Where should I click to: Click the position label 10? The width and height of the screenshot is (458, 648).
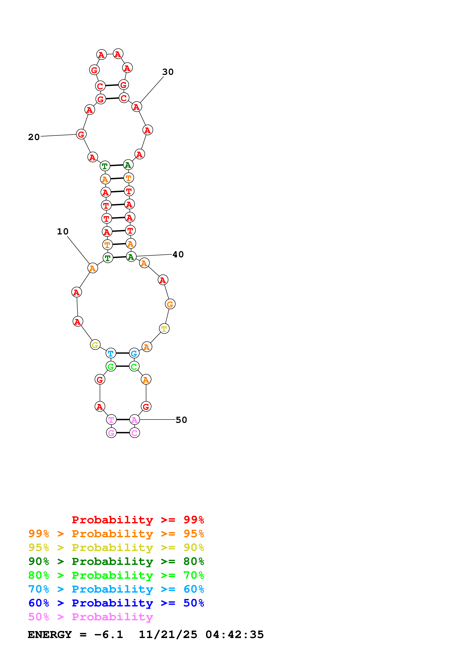coord(63,231)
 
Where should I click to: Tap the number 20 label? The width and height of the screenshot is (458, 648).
coord(34,137)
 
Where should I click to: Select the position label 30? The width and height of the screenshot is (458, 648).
coord(168,72)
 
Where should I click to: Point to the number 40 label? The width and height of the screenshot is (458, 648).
coord(178,255)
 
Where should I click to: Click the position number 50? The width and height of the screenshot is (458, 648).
coord(181,420)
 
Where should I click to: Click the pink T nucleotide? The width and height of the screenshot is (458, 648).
coord(111,420)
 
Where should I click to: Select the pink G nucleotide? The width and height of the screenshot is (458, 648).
coord(111,433)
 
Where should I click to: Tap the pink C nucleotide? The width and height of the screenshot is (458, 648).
coord(135,433)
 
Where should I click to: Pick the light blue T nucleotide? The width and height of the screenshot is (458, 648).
coord(111,353)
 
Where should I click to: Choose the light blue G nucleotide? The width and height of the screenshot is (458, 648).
coord(134,353)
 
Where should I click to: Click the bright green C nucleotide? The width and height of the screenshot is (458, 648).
coord(134,366)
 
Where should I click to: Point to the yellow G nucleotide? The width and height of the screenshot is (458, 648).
coord(95,345)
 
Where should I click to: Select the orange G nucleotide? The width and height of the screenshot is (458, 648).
coord(170,304)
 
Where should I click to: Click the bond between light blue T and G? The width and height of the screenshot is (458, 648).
coord(122,353)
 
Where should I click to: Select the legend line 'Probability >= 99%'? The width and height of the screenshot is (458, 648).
coord(138,520)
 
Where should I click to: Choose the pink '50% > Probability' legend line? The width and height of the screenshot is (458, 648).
coord(91,617)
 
